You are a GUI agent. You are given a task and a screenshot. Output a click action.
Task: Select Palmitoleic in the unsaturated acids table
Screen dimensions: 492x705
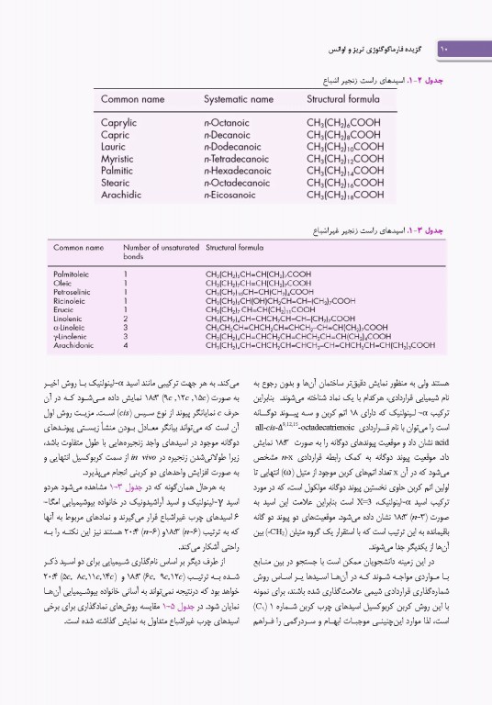(x=71, y=274)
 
